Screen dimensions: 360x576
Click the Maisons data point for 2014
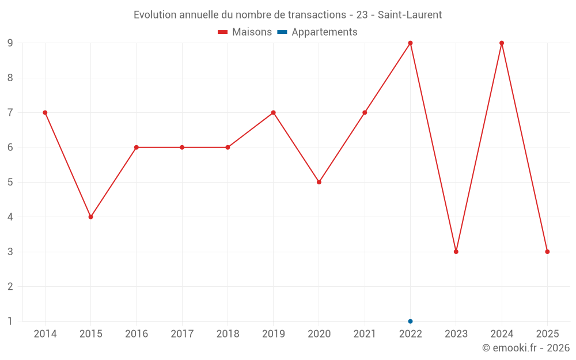coord(45,112)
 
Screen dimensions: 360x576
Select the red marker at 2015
coord(90,217)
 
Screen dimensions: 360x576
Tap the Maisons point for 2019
coord(273,112)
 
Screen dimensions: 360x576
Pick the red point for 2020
coord(319,182)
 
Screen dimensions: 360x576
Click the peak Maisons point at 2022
coord(410,43)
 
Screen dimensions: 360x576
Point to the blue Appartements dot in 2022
coord(410,321)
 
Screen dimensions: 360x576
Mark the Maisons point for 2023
coord(456,252)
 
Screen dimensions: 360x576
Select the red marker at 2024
coord(502,43)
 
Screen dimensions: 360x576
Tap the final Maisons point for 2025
coord(547,252)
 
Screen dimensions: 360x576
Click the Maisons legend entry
coord(245,32)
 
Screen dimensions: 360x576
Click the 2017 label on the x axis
coord(182,334)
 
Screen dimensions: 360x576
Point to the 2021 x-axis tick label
coord(365,334)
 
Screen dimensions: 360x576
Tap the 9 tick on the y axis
coord(10,43)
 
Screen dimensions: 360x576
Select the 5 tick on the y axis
coord(10,182)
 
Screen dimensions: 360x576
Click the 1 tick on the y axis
coord(10,321)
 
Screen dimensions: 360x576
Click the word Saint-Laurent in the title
coord(410,15)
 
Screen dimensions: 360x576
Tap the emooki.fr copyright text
coord(526,348)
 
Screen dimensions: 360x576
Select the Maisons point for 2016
coord(137,147)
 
